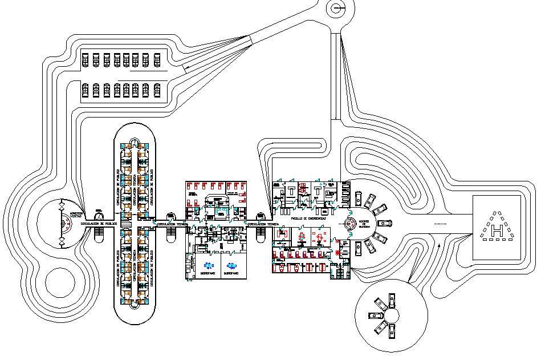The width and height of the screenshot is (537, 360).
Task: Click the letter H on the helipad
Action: click(497, 230)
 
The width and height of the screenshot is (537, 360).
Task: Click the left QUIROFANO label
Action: click(208, 273)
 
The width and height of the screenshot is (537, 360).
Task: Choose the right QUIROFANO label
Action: click(231, 273)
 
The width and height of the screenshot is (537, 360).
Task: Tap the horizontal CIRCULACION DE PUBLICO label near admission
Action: click(103, 224)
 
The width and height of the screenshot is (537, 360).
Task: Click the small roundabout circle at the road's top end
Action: click(337, 8)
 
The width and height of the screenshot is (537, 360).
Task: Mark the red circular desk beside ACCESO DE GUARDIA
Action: click(351, 224)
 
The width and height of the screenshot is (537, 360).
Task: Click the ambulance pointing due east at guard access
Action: click(386, 223)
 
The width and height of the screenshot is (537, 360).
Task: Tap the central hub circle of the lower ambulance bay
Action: click(390, 315)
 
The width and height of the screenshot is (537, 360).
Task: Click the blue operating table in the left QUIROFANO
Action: click(208, 265)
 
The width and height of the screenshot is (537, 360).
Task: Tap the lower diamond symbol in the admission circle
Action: click(62, 242)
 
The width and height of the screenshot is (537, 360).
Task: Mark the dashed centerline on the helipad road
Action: click(440, 224)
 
